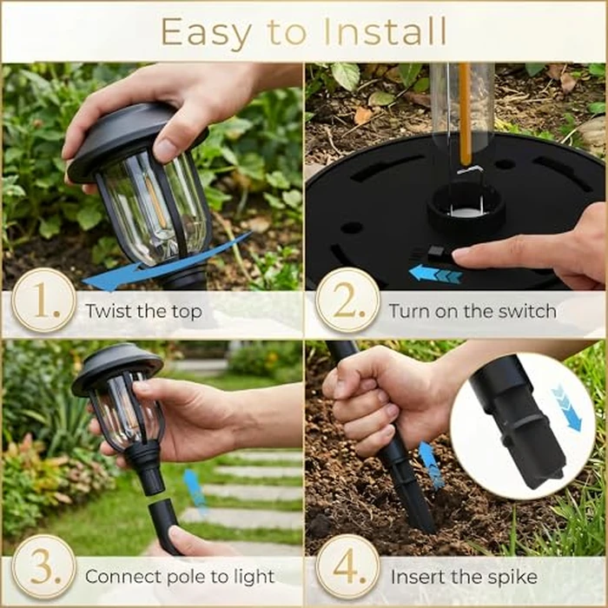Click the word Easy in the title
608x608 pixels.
[x=201, y=32]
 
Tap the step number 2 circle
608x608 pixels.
[x=347, y=300]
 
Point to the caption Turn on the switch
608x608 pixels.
[x=472, y=310]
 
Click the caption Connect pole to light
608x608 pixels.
[x=179, y=577]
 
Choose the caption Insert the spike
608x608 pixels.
[x=463, y=577]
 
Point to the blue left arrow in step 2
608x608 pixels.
[x=435, y=274]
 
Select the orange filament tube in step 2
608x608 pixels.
[x=465, y=113]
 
